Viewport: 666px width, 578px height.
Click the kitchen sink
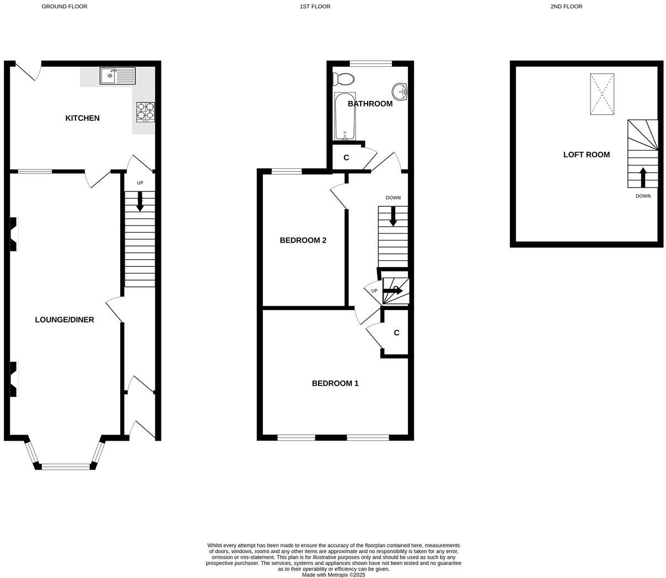pos(117,76)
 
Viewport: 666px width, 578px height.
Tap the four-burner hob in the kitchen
pos(145,112)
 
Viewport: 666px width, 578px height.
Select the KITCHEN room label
pos(83,118)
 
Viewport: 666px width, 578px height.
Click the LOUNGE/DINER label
pos(65,320)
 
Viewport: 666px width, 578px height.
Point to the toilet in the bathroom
pos(344,79)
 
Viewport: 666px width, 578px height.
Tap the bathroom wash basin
pos(399,91)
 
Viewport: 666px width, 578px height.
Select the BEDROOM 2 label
pos(303,240)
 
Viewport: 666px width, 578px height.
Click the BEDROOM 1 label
pos(335,383)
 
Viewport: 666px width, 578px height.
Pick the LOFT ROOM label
pos(586,155)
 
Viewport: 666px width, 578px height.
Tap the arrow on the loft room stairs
pos(643,176)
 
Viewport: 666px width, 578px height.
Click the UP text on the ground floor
pos(140,183)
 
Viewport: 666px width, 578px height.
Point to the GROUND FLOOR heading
pos(65,7)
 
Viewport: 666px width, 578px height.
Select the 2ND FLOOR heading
pos(566,7)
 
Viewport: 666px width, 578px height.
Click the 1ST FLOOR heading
pos(315,7)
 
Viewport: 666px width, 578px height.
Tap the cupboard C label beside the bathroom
pos(346,158)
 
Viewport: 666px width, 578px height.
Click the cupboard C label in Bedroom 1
pos(396,333)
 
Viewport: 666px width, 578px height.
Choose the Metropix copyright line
pos(334,575)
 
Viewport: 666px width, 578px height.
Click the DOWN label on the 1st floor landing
pos(393,198)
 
